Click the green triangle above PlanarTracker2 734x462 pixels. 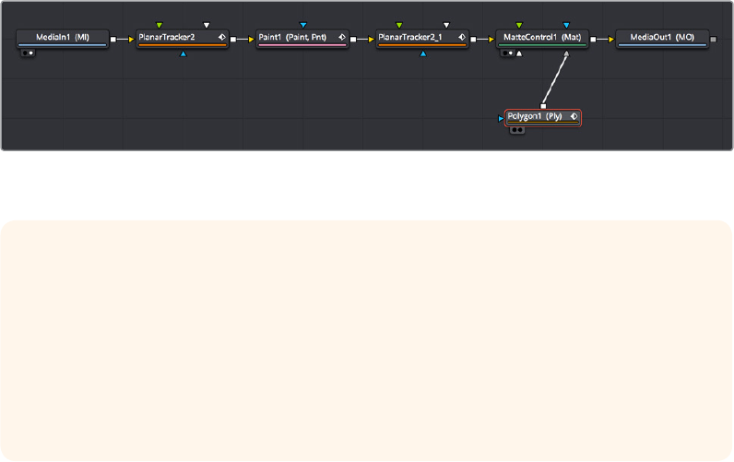click(160, 25)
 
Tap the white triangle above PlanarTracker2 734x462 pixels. click(207, 25)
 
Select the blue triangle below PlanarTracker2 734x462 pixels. click(183, 54)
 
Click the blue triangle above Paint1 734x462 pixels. click(302, 25)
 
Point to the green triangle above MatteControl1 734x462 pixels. click(519, 25)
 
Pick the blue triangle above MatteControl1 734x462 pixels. click(566, 25)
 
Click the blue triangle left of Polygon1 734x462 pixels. click(501, 118)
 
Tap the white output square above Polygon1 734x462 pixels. click(543, 106)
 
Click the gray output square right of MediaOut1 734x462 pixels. click(714, 40)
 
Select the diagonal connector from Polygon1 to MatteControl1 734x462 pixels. click(555, 80)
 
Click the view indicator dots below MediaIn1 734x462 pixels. click(29, 53)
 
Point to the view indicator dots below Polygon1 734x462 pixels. click(517, 130)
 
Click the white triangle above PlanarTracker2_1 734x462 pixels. click(446, 25)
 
